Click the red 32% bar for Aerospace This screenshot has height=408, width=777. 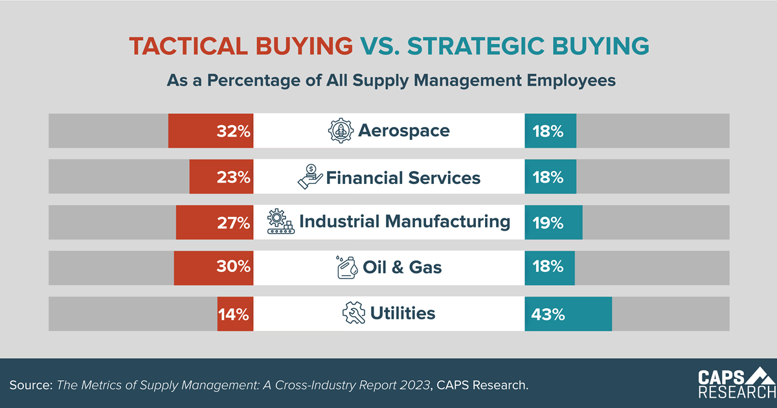[210, 131]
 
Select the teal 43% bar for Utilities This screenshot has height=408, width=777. [568, 314]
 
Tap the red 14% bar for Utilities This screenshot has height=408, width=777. [235, 314]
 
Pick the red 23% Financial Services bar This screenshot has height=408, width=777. [221, 177]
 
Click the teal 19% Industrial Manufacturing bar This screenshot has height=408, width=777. [554, 222]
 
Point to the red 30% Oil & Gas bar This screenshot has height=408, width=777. [213, 268]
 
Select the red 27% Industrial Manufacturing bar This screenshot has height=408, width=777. [214, 222]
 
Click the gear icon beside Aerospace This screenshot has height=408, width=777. [341, 131]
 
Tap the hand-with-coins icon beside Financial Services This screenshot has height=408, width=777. [310, 177]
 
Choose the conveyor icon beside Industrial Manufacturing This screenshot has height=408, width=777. [281, 222]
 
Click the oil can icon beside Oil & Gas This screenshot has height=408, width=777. [346, 267]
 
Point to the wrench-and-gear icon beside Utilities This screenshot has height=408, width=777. [354, 314]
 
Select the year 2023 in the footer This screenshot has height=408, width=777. [415, 385]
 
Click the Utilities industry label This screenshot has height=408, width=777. [402, 314]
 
